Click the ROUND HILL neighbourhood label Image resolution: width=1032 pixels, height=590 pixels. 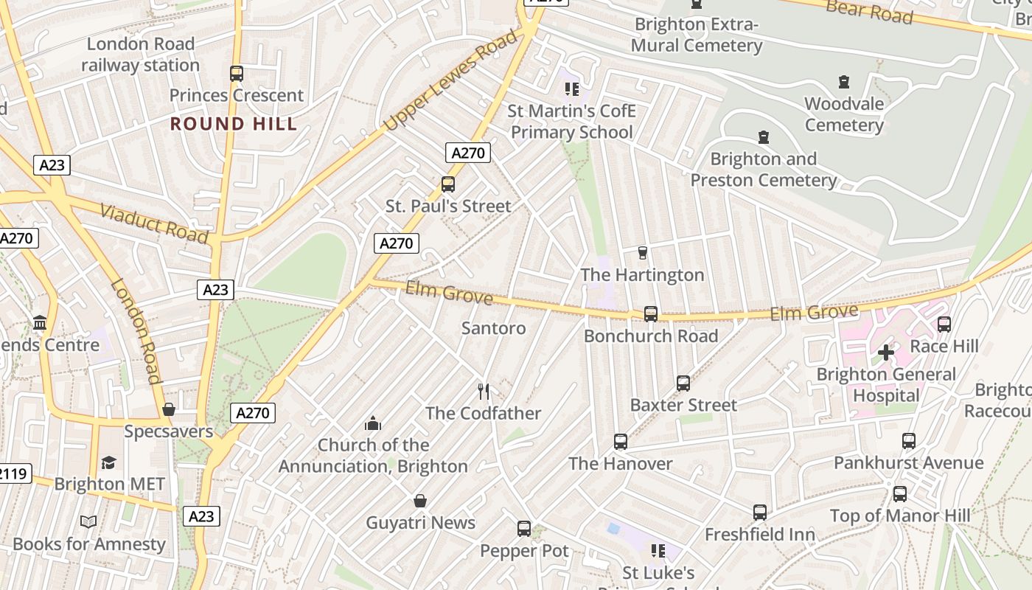(x=234, y=123)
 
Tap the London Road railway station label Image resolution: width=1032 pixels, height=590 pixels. (x=140, y=55)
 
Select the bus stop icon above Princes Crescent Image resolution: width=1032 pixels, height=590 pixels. (x=236, y=74)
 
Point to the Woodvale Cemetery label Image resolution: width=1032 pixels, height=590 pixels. (x=844, y=114)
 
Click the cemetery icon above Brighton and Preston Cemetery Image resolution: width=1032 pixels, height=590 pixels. (x=764, y=137)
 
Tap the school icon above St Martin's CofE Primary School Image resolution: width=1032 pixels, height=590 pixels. (x=571, y=89)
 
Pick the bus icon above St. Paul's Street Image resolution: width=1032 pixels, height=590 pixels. (x=447, y=184)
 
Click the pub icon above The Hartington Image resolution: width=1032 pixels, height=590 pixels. (x=642, y=253)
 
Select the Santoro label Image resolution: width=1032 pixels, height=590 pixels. (x=493, y=328)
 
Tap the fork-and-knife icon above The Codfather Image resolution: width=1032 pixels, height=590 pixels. (x=484, y=392)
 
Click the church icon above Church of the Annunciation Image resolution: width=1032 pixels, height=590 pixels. (x=373, y=423)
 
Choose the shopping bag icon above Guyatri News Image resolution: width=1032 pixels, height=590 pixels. (x=420, y=502)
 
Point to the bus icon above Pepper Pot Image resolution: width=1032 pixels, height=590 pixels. (x=524, y=529)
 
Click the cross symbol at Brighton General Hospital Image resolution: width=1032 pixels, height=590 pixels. (x=885, y=353)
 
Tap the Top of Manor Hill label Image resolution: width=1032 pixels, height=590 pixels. (x=900, y=516)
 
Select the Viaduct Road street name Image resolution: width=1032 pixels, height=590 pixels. (x=153, y=223)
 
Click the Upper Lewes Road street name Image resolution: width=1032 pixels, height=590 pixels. (x=451, y=86)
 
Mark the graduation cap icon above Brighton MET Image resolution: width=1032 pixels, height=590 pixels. (x=109, y=462)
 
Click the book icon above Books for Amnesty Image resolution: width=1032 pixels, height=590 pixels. (x=88, y=522)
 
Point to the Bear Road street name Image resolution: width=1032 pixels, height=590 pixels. (x=869, y=10)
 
